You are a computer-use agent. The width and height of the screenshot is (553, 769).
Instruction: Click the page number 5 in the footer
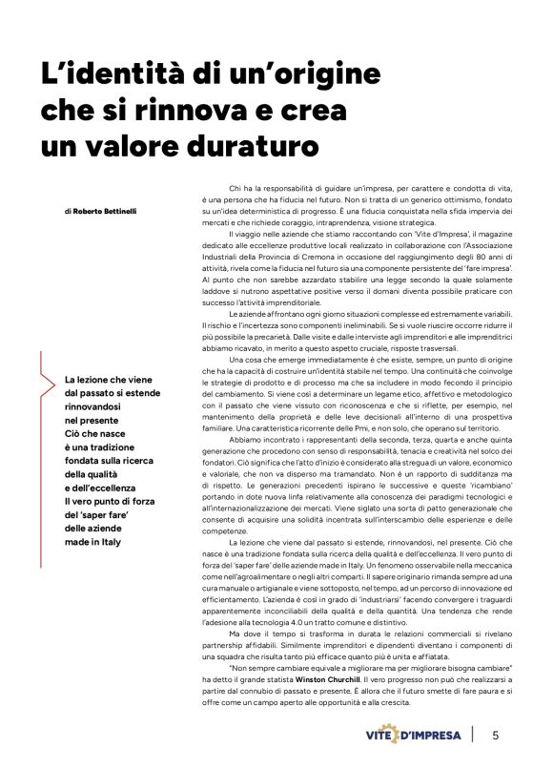(x=495, y=735)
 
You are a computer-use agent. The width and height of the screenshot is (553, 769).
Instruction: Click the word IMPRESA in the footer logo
(x=440, y=736)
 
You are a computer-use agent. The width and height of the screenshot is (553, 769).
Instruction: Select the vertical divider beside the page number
(x=474, y=735)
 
